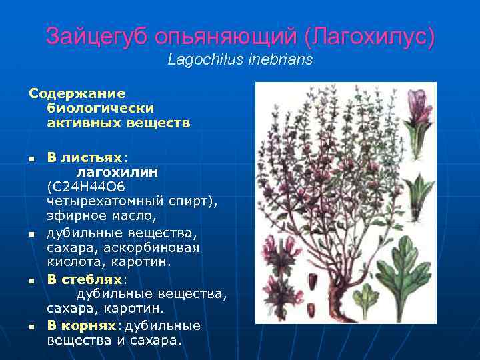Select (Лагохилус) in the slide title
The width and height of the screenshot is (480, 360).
click(369, 37)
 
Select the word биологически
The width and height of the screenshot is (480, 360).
click(101, 108)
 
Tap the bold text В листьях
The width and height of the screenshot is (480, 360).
click(85, 158)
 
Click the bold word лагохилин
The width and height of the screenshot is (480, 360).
click(112, 172)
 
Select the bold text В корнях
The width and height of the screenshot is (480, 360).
click(81, 325)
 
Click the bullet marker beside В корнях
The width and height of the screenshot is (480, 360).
click(31, 327)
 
